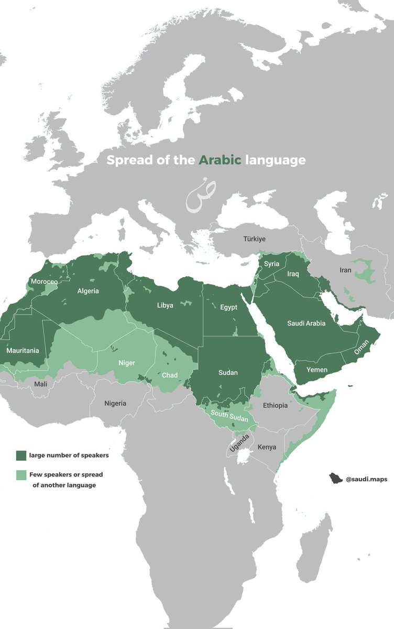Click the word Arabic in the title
220,160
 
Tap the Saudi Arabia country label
306,323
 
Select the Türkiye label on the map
254,238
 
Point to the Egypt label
229,307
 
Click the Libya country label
165,305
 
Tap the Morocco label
44,281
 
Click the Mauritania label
23,350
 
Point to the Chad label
169,375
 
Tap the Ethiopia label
275,405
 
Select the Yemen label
316,370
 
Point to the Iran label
345,270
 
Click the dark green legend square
21,455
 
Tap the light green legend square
21,475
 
